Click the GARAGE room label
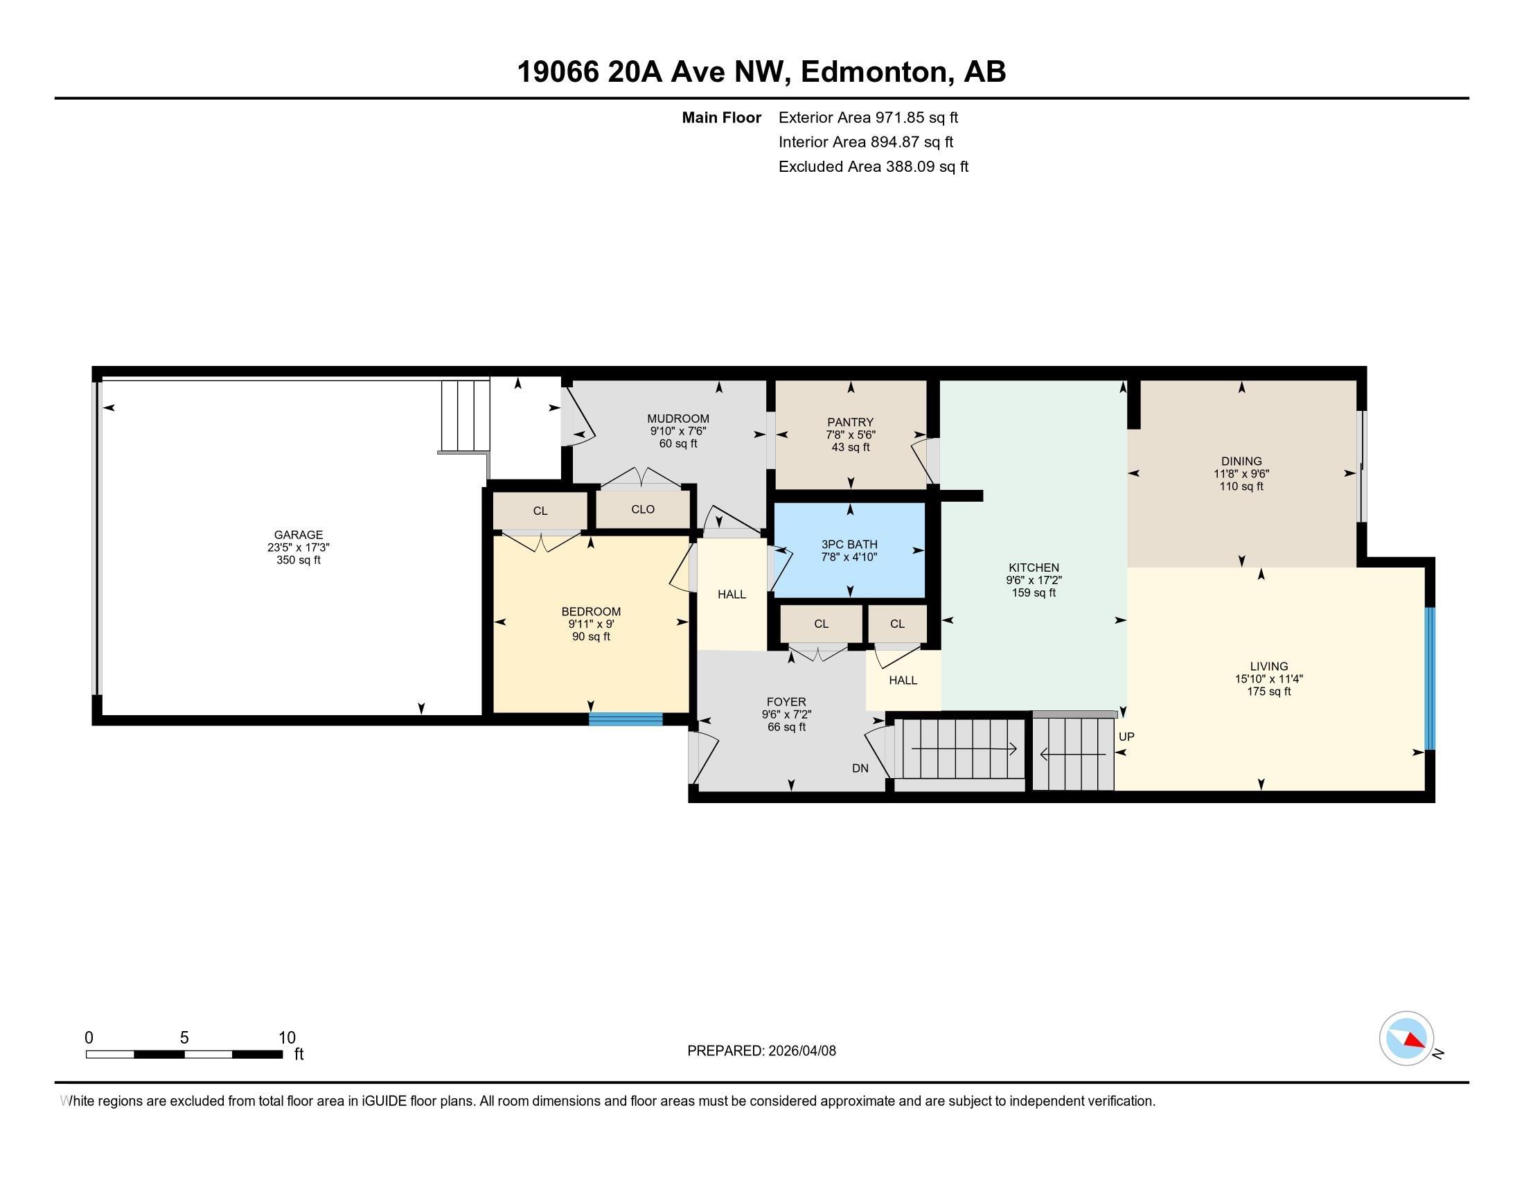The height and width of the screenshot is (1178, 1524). (x=298, y=534)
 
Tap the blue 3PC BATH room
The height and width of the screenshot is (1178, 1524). (x=849, y=550)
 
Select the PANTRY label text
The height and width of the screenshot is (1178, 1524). (x=850, y=421)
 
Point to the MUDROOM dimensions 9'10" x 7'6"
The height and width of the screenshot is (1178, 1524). (x=677, y=431)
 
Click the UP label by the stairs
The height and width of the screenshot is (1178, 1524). (x=1126, y=736)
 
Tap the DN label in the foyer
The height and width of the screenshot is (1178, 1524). (x=860, y=768)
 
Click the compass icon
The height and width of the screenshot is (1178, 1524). (x=1406, y=1039)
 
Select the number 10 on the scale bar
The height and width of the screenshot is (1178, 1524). (x=287, y=1037)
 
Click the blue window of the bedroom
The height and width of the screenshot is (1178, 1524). (x=626, y=719)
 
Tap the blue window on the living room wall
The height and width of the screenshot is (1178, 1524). (x=1429, y=678)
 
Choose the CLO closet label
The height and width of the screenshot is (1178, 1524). (x=643, y=509)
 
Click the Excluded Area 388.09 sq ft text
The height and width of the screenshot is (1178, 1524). (x=873, y=166)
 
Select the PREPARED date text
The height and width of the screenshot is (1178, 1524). (x=761, y=1050)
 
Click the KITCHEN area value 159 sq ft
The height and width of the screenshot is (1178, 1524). (x=1034, y=592)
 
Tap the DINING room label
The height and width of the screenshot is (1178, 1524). (x=1241, y=461)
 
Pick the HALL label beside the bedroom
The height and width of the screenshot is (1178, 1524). (x=732, y=594)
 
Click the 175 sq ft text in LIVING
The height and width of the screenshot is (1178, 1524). (x=1268, y=691)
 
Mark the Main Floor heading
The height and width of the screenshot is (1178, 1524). (x=722, y=117)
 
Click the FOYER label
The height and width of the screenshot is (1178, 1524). (x=786, y=702)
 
